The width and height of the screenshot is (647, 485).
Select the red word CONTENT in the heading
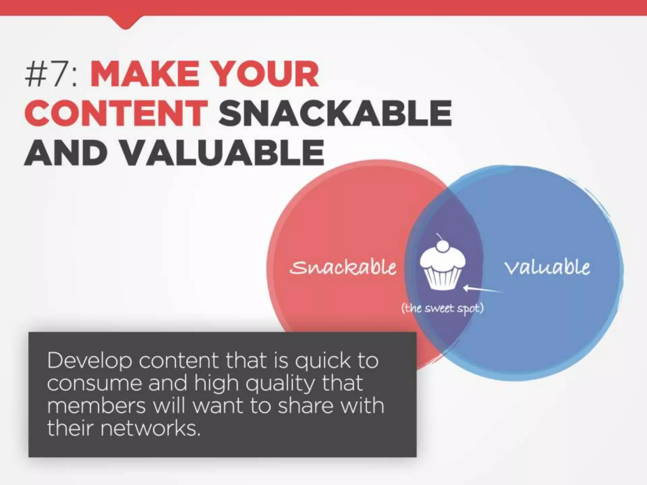115,113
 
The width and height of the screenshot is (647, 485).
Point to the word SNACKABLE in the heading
335,113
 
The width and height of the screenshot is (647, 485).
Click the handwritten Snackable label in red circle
343,268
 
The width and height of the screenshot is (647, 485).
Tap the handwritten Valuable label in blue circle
547,267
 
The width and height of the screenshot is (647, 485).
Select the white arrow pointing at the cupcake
482,289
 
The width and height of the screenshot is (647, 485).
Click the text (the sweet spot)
442,308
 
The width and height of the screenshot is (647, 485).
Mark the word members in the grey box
96,406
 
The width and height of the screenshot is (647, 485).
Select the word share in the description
305,406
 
